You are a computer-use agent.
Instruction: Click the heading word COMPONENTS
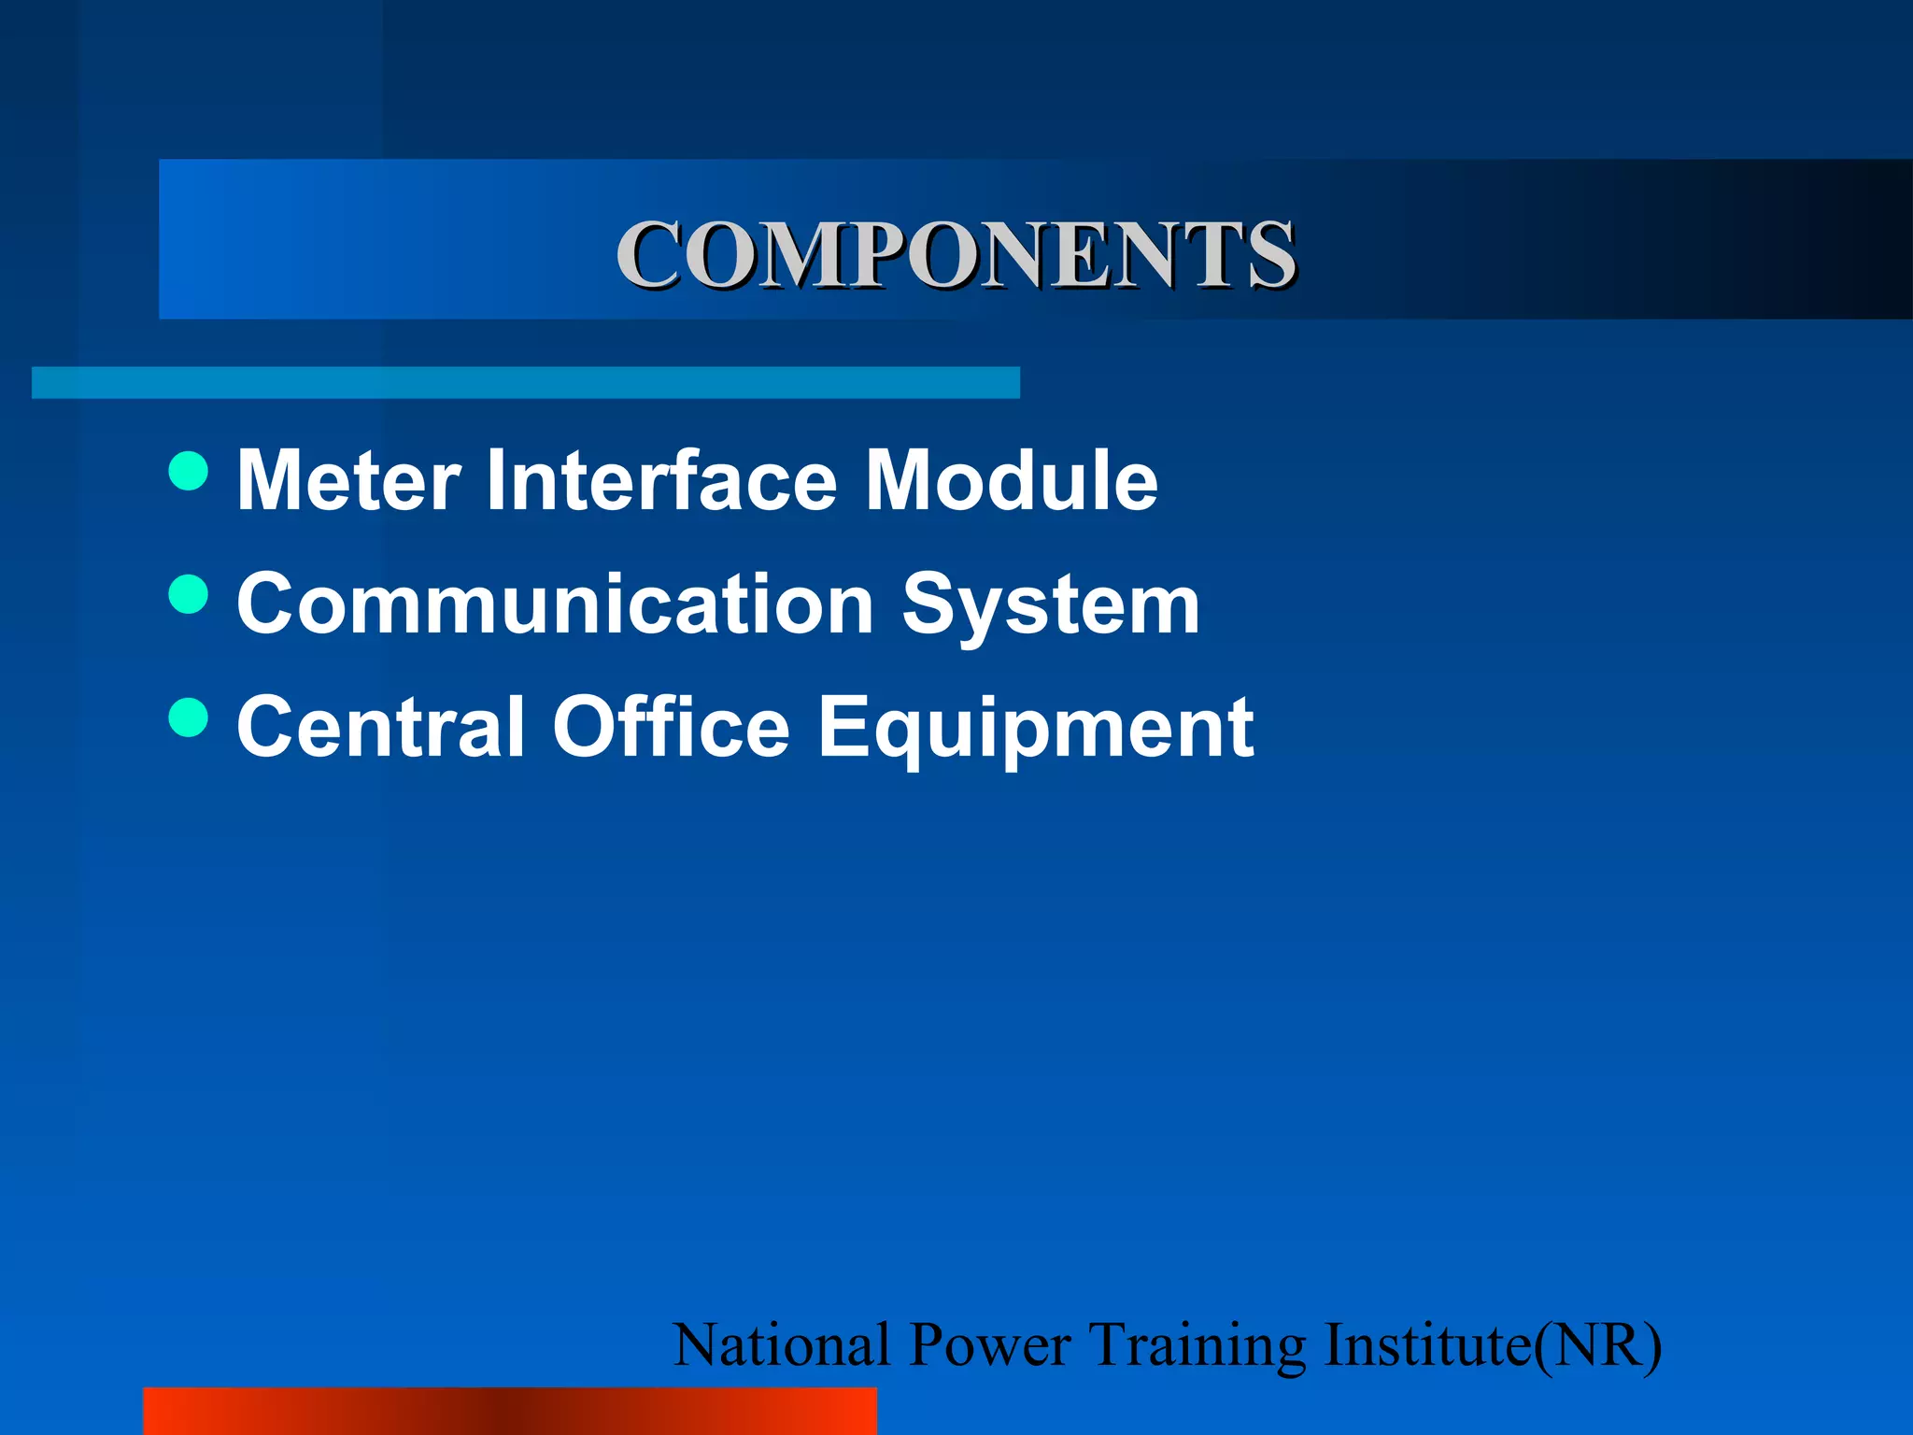tap(956, 254)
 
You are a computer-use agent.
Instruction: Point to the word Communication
tap(555, 604)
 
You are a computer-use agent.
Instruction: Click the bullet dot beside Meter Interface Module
tap(189, 471)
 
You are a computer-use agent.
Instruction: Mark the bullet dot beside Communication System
tap(189, 594)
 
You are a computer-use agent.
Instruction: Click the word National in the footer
tap(782, 1345)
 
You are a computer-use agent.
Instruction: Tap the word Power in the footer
tap(989, 1345)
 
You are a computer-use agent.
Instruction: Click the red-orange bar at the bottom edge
tap(510, 1411)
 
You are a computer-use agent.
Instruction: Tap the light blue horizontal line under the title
tap(525, 383)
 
